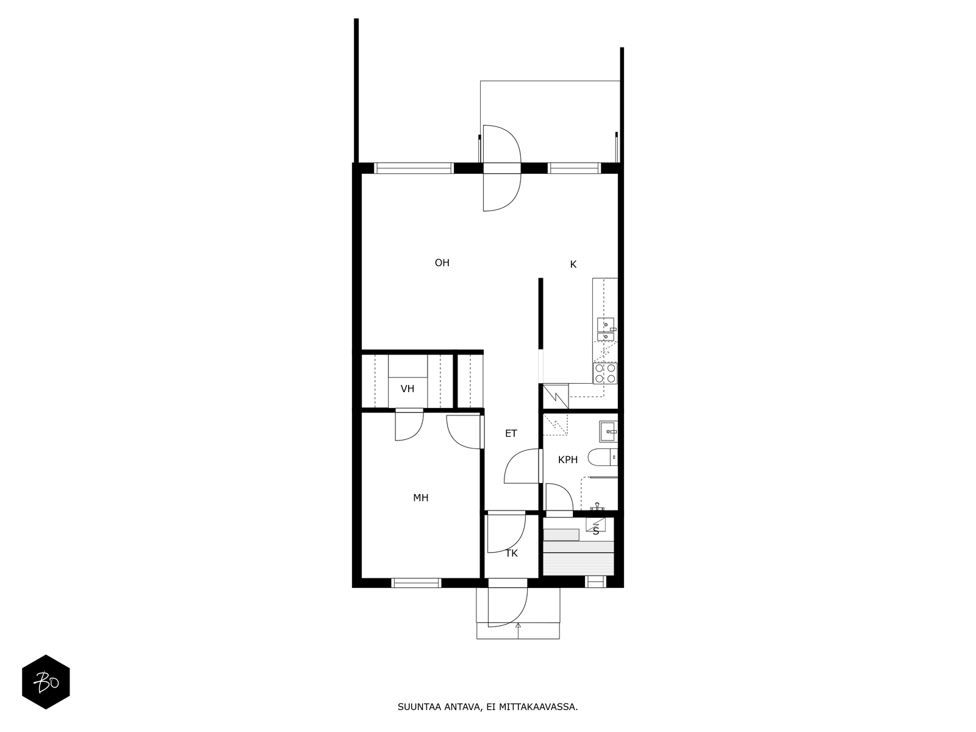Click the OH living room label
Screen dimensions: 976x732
[x=442, y=263]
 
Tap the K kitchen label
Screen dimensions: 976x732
[x=573, y=265]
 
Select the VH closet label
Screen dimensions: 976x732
[x=407, y=389]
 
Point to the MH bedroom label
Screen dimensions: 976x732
[x=421, y=498]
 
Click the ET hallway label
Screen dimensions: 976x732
[x=511, y=433]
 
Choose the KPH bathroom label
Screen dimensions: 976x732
[x=568, y=460]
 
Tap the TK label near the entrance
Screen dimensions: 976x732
[x=511, y=553]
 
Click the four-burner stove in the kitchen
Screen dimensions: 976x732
[x=605, y=373]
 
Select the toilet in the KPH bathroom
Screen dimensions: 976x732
[x=603, y=457]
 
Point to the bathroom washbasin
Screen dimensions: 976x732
[x=608, y=431]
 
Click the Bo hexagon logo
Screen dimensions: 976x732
[x=46, y=682]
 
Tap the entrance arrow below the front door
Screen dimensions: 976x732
[x=518, y=631]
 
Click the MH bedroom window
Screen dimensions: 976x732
[x=416, y=583]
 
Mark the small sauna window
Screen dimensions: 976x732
[x=595, y=581]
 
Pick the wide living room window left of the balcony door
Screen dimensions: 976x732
[x=414, y=168]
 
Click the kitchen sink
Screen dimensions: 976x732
[x=606, y=329]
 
